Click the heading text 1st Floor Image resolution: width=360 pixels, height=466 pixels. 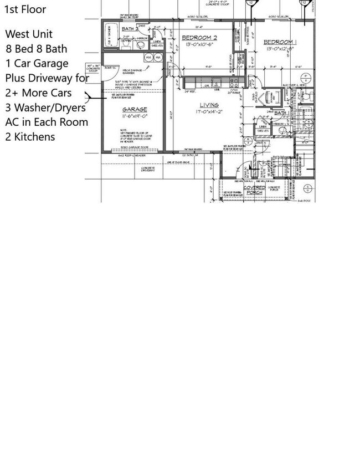coord(25,9)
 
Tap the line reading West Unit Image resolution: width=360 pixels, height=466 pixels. coord(29,34)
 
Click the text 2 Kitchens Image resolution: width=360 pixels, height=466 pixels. coord(30,136)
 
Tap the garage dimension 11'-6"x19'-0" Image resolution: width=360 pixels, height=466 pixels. coord(135,117)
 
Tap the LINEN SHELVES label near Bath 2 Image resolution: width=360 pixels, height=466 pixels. coord(157,44)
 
